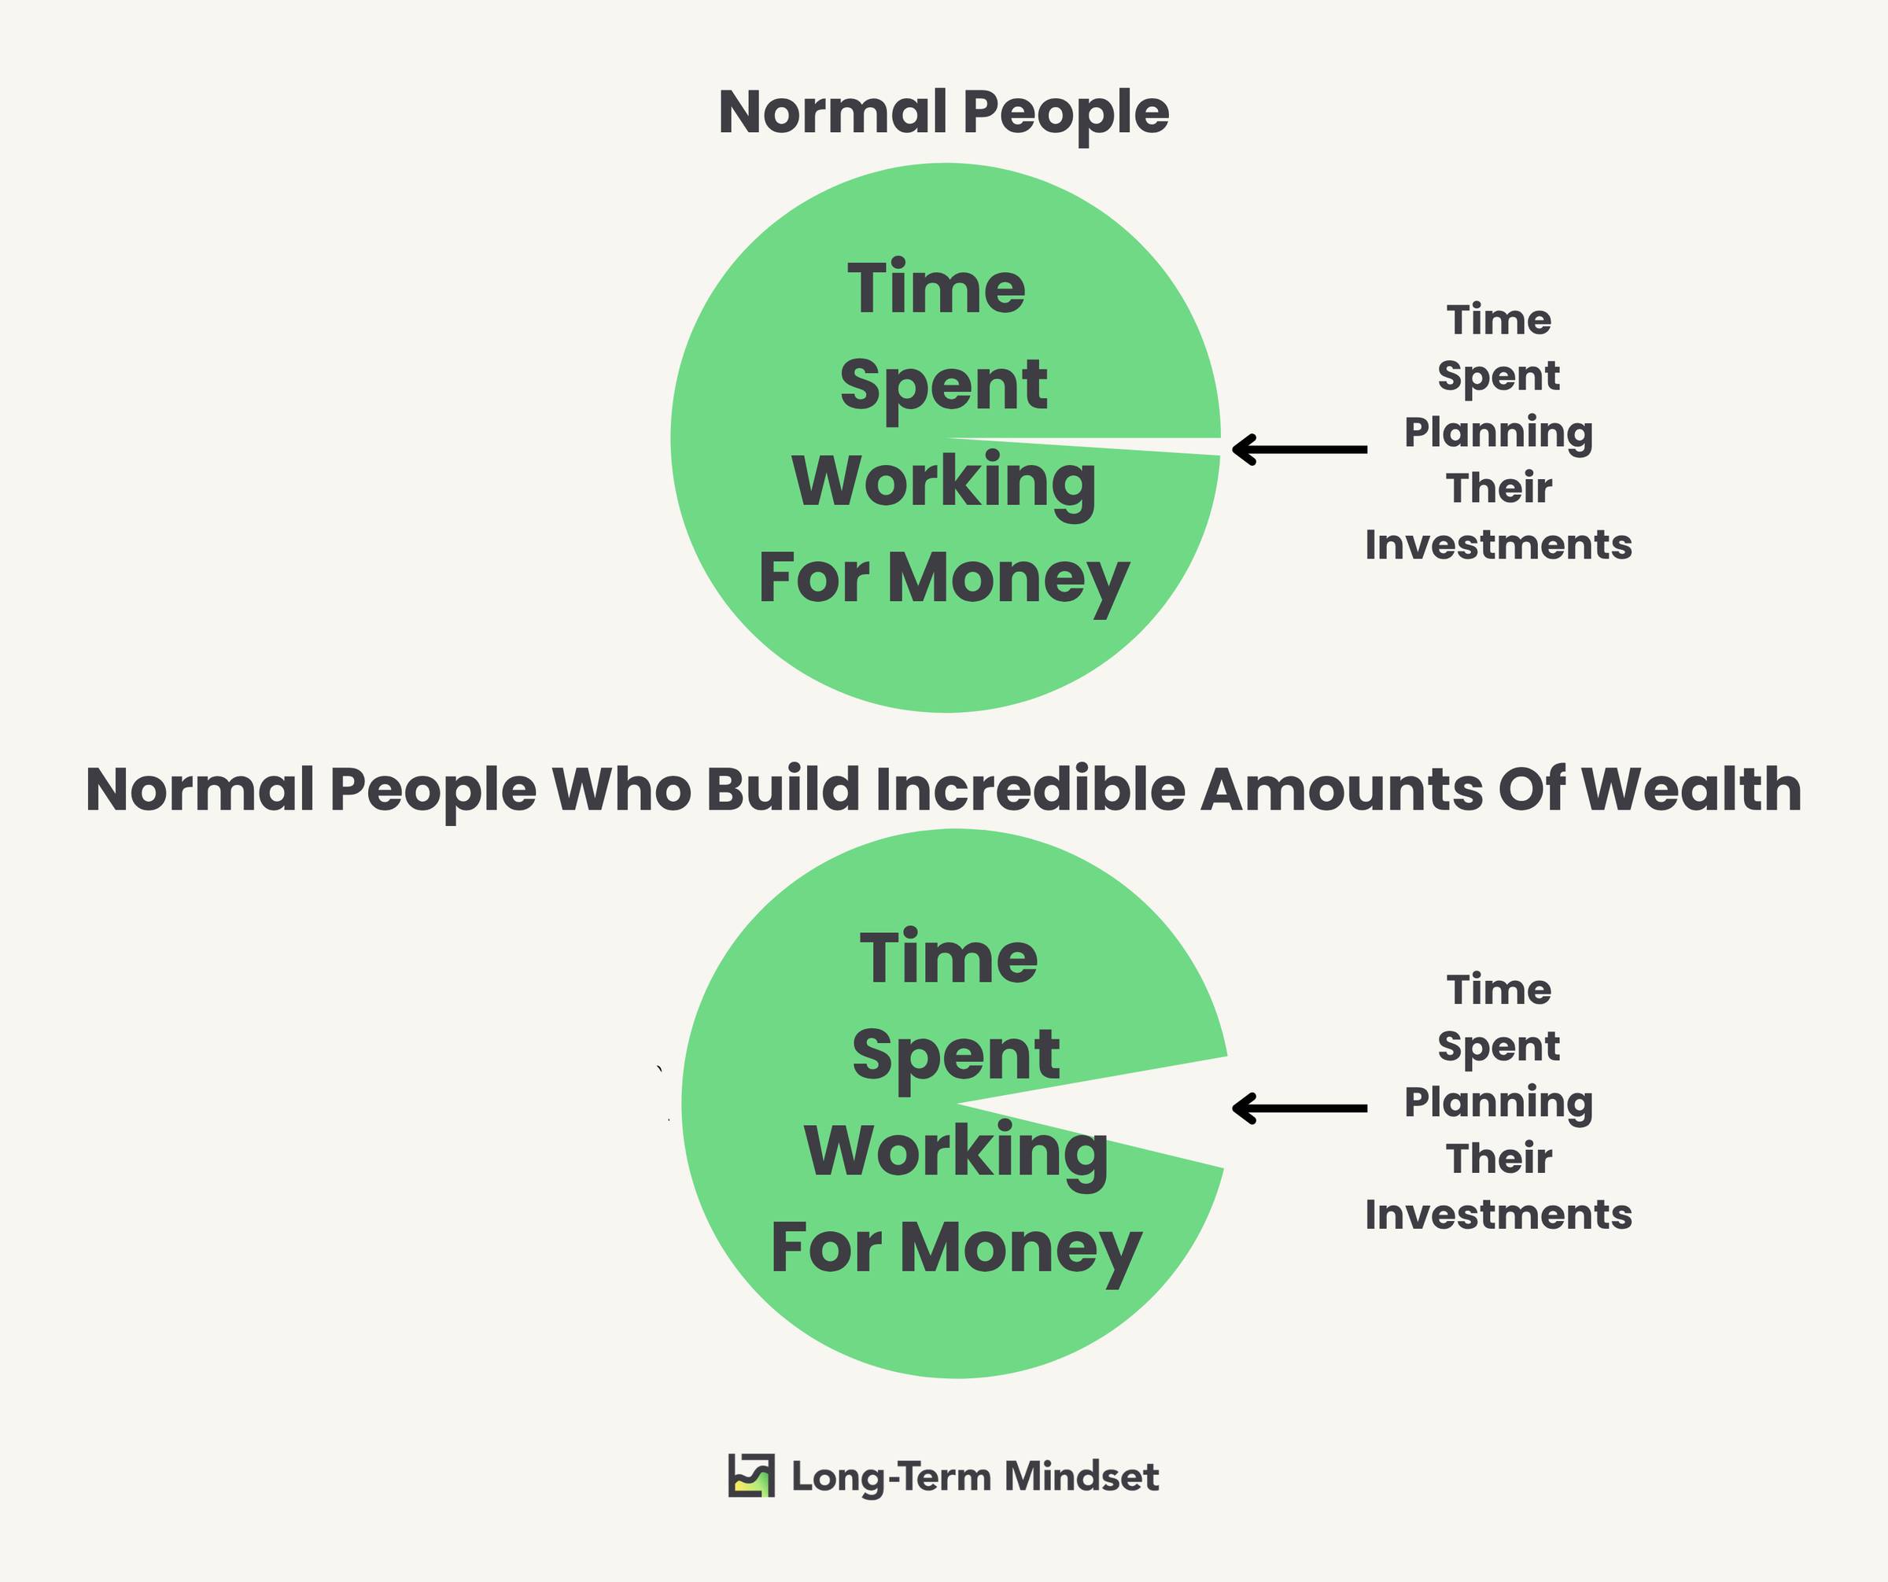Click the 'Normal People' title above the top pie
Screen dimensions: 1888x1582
coord(944,113)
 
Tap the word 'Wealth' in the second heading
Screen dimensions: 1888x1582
coord(1691,789)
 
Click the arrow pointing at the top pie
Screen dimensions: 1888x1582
coord(1299,448)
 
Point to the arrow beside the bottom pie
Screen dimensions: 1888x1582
coord(1299,1108)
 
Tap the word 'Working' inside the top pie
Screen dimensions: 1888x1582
coord(944,483)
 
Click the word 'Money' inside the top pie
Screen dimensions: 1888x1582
coord(1008,579)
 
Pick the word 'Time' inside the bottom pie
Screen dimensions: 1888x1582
coord(949,958)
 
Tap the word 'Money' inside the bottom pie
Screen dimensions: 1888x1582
coord(1020,1248)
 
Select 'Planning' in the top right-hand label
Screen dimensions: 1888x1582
coord(1498,433)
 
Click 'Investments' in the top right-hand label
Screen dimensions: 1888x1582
coord(1498,544)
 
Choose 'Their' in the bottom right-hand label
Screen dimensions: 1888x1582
coord(1499,1159)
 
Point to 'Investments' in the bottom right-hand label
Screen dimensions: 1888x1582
coord(1498,1215)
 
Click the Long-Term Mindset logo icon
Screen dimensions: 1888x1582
coord(751,1476)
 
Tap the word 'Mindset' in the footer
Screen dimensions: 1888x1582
coord(1082,1477)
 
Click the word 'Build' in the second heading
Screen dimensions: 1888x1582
coord(783,789)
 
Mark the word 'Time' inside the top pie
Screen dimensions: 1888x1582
coord(936,289)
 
